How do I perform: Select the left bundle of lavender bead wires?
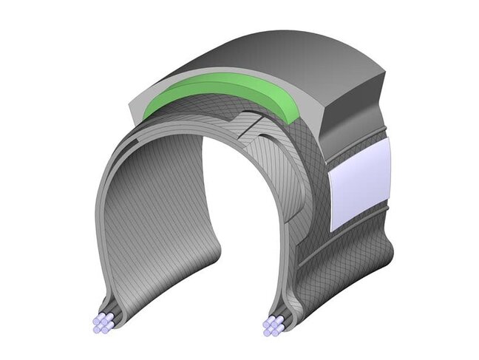103,323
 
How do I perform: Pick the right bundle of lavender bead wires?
274,325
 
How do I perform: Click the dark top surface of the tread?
296,55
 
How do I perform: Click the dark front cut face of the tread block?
355,111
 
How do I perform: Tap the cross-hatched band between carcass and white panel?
314,192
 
